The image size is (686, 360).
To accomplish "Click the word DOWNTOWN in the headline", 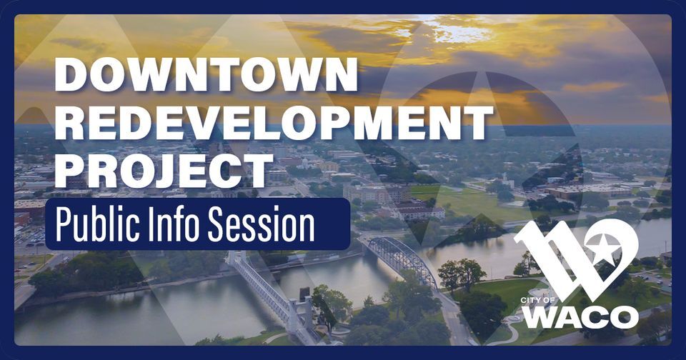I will point(206,74).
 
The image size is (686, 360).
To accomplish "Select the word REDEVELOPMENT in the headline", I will point(273,124).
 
